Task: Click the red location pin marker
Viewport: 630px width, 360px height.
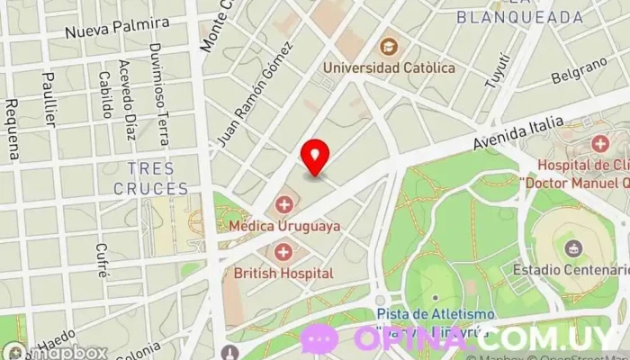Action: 314,157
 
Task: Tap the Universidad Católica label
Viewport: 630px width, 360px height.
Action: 389,67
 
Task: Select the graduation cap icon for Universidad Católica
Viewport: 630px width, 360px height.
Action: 389,46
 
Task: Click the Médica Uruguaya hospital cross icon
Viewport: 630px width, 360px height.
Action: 285,204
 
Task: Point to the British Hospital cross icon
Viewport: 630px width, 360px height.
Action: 284,251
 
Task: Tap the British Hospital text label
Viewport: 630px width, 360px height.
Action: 283,272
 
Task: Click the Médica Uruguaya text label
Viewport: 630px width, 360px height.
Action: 284,226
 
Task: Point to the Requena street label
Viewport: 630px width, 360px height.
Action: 12,130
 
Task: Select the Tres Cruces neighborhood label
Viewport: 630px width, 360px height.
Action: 151,178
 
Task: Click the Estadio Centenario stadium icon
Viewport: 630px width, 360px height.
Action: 570,247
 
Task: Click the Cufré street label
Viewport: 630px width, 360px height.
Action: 102,259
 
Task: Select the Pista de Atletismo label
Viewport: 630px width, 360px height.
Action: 436,313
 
